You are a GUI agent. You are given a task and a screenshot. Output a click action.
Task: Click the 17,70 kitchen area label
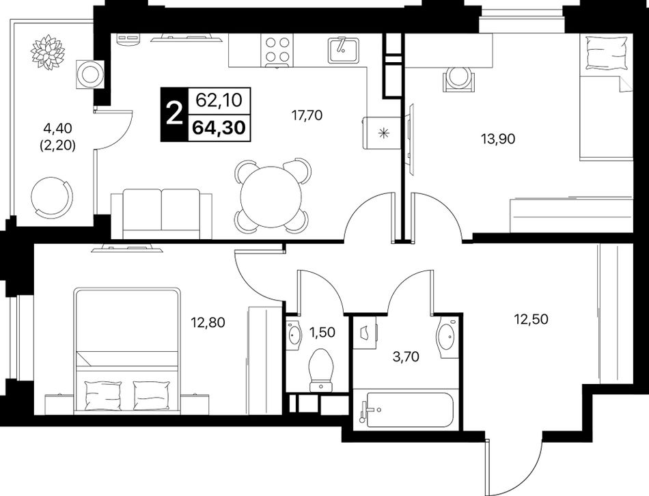pos(307,115)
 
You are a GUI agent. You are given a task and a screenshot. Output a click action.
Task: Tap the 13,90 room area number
pos(498,139)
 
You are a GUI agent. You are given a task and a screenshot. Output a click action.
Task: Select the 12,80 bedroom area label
pos(208,322)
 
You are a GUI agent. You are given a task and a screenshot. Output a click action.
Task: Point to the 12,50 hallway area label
pos(531,319)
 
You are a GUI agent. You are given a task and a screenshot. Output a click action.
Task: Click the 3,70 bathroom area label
pos(406,356)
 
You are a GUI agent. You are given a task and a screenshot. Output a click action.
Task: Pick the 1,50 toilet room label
pos(322,332)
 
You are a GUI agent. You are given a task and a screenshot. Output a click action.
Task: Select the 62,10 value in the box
pos(219,100)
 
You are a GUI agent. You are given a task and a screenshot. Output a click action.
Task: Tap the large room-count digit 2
pos(174,114)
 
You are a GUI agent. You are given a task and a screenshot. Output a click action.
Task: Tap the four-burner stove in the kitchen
pos(277,50)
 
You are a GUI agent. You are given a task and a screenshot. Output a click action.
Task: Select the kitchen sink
pos(343,50)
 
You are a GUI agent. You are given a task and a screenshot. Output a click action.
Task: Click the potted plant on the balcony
pos(48,52)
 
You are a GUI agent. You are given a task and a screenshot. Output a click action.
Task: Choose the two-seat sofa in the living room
pos(161,214)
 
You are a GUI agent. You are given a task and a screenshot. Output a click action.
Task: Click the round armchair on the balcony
pos(52,196)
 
